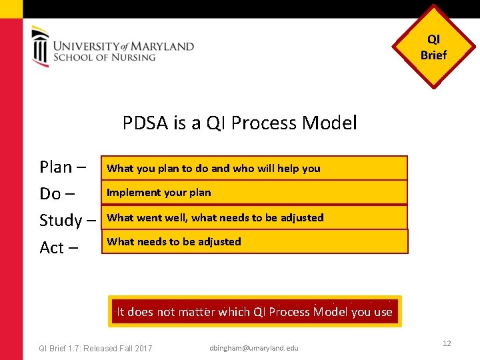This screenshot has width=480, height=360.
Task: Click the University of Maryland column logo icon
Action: click(x=40, y=46)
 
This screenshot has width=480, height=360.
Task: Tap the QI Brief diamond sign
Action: click(x=434, y=47)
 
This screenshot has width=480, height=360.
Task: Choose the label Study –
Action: click(x=68, y=220)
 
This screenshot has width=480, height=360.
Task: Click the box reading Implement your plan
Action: click(x=254, y=193)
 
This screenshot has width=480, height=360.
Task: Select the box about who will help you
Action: click(x=254, y=168)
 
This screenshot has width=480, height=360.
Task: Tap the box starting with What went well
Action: click(x=254, y=217)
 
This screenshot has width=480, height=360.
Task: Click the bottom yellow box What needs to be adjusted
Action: click(x=254, y=241)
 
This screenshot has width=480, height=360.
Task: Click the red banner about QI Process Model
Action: click(x=255, y=311)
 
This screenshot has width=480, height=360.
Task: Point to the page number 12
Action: click(x=447, y=343)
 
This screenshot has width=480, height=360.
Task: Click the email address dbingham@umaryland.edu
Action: click(x=254, y=348)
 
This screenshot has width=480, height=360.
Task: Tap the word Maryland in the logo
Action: click(x=162, y=46)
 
